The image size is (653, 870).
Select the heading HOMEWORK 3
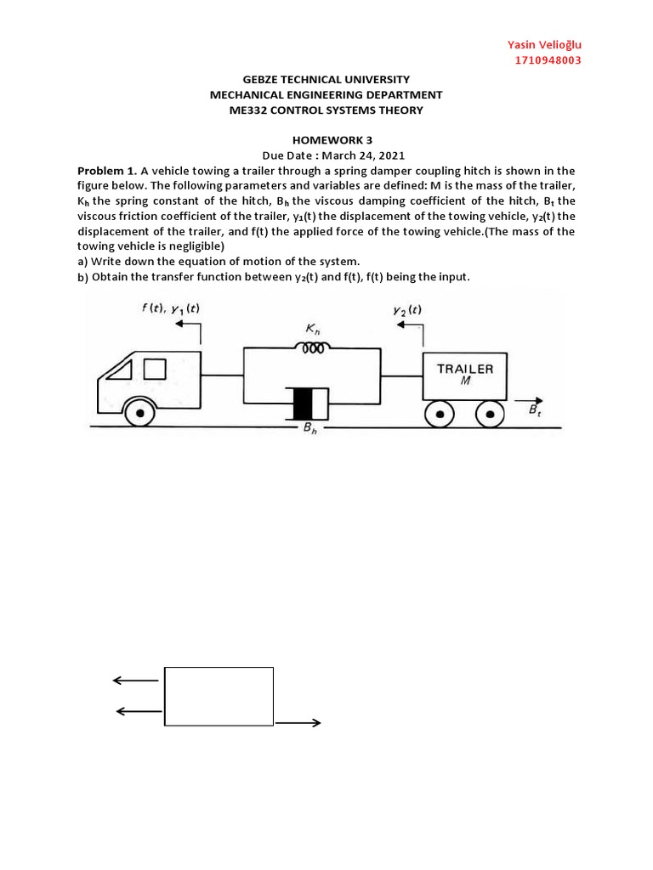326,140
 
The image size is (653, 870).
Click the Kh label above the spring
313,327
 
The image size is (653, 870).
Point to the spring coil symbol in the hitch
311,347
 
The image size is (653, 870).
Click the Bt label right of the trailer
534,411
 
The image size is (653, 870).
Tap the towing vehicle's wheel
139,414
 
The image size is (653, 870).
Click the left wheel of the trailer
441,414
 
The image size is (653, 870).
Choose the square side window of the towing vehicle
155,369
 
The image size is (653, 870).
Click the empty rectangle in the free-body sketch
219,697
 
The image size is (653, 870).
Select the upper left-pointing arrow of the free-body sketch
135,680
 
